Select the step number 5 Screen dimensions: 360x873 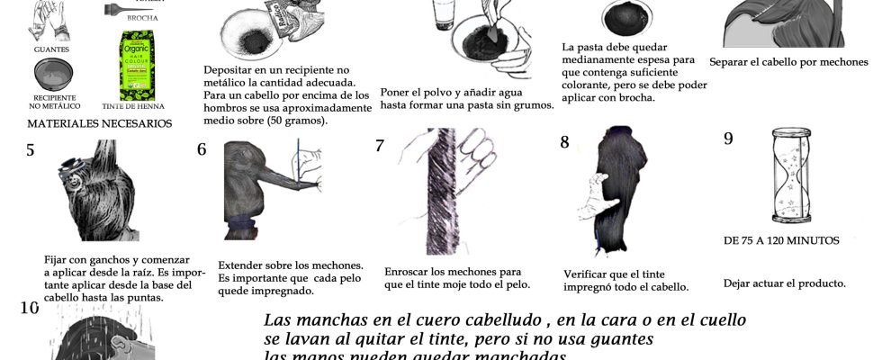pos(31,150)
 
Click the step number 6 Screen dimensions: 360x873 pos(202,149)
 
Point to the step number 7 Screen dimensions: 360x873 pos(380,145)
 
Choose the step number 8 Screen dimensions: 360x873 pos(564,141)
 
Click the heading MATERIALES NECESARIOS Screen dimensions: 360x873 pos(99,122)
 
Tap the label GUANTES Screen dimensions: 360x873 pos(51,49)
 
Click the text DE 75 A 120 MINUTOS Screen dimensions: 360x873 pos(781,240)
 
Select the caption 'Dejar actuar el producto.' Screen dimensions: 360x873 pos(784,283)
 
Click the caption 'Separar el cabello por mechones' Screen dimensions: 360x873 pos(787,62)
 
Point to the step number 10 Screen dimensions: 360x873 pos(30,308)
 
